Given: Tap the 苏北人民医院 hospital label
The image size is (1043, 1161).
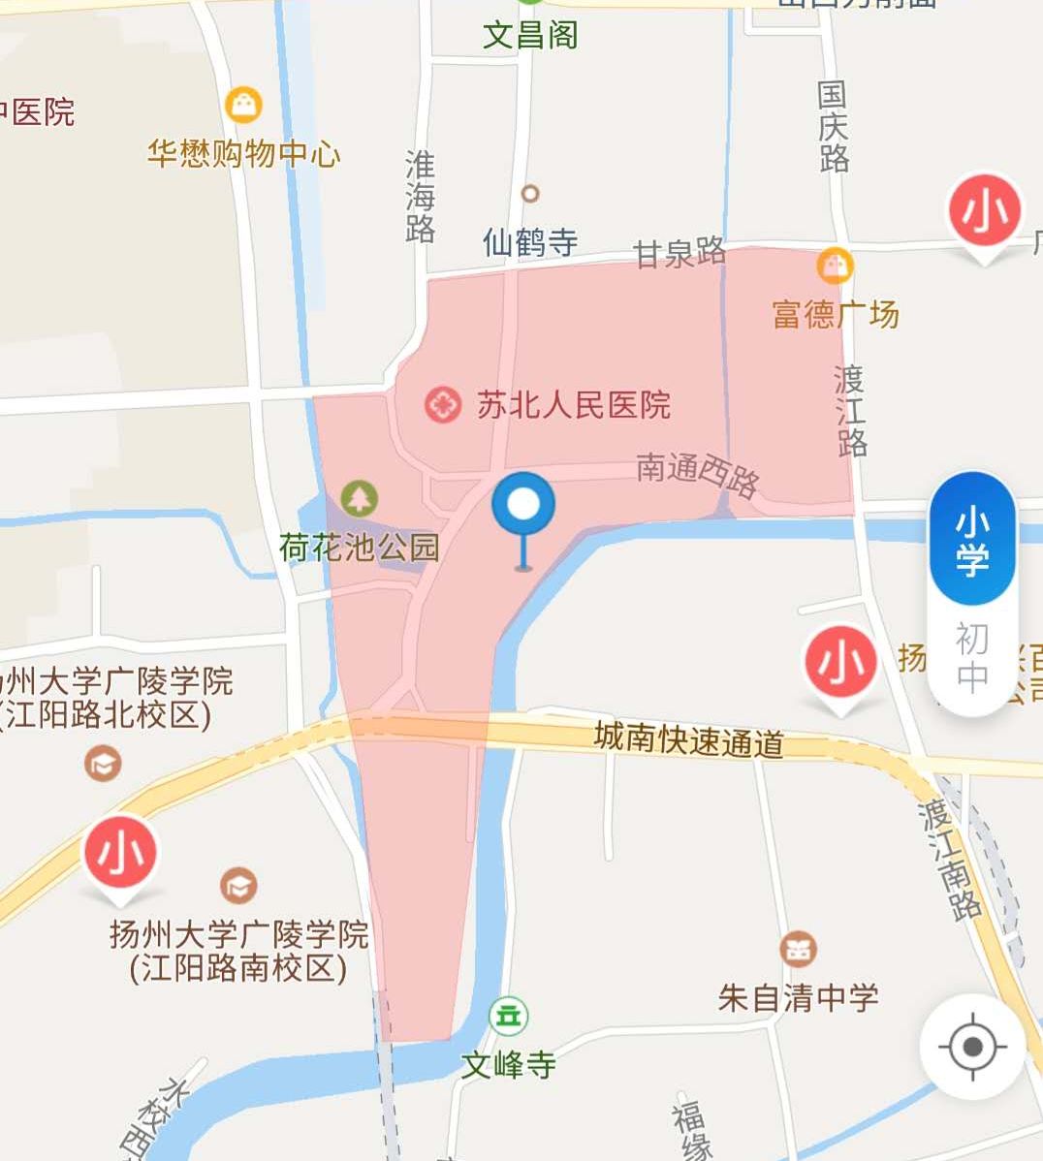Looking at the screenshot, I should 573,404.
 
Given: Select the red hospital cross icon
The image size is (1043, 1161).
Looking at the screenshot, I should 443,404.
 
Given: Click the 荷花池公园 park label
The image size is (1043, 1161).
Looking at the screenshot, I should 360,548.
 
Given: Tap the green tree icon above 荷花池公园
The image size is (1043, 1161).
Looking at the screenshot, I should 360,498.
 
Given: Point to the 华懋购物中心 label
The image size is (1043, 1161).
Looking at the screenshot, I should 244,153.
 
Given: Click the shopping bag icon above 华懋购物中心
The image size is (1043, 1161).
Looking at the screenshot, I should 243,104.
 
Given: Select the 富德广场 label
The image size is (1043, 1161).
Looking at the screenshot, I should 836,314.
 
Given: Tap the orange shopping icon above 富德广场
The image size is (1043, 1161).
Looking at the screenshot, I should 835,265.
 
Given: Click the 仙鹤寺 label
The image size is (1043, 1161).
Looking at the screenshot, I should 530,241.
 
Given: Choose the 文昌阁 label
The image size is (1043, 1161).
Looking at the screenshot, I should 530,36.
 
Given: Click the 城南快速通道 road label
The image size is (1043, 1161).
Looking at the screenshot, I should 689,740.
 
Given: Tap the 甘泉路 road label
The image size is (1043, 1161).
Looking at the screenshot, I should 680,254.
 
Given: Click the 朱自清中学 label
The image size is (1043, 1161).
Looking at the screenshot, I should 799,997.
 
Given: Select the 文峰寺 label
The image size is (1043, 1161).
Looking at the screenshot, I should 508,1064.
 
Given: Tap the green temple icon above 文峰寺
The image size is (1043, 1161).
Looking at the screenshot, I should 508,1016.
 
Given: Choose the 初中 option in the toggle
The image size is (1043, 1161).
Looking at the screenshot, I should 972,657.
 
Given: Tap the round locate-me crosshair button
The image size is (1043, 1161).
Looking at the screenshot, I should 973,1047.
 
